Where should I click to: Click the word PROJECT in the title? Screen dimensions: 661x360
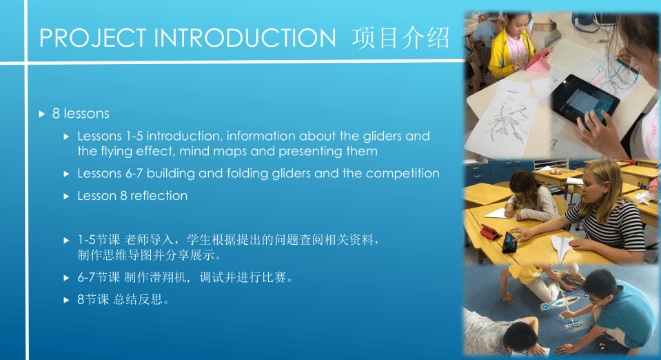93,38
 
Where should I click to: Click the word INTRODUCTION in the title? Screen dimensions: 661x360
245,38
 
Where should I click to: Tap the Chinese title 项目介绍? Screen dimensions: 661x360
401,38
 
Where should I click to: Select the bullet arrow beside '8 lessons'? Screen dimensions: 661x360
42,114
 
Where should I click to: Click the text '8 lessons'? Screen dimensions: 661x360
81,114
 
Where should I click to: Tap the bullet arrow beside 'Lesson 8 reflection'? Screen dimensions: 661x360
66,197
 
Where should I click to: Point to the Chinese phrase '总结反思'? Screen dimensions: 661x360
138,299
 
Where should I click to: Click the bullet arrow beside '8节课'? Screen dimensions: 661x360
66,300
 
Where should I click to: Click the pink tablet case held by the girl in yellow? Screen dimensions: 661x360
537,60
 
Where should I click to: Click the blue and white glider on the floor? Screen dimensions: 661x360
562,301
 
